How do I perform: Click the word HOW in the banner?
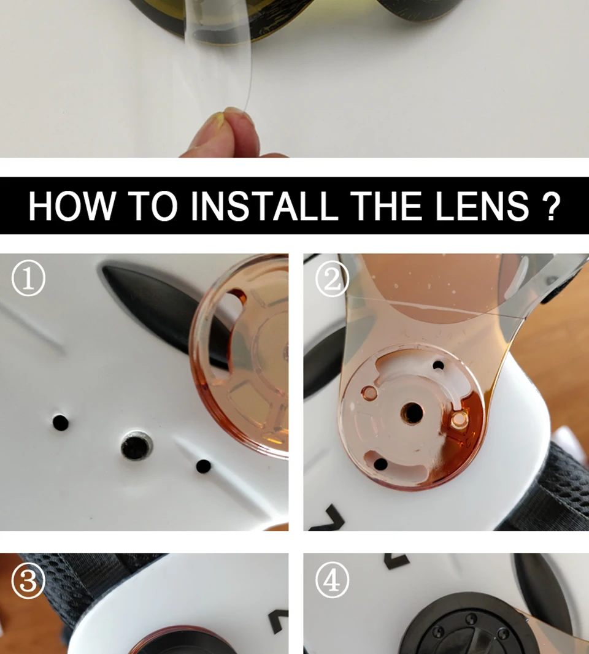(x=71, y=206)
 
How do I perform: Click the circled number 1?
(x=28, y=279)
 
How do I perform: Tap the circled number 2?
(x=332, y=279)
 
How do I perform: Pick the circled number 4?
(x=332, y=580)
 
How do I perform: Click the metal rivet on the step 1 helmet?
(x=136, y=445)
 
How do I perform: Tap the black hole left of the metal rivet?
(x=61, y=423)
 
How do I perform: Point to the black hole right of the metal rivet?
(x=203, y=466)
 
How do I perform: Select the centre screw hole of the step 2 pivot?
(x=413, y=413)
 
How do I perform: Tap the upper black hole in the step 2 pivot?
(x=439, y=366)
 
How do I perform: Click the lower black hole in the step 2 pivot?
(x=380, y=463)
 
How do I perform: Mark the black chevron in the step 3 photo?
(x=278, y=620)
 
